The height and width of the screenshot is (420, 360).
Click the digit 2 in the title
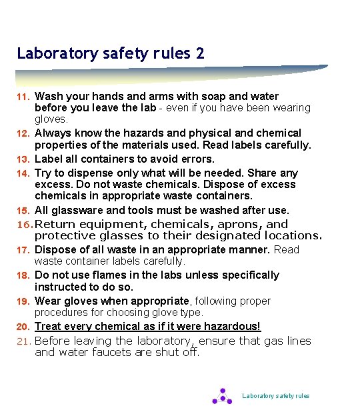coord(200,53)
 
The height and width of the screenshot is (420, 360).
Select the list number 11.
coord(22,97)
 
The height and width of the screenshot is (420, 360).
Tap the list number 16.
coord(23,225)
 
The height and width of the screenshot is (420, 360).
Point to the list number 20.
coord(22,327)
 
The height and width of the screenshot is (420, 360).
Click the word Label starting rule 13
coord(48,159)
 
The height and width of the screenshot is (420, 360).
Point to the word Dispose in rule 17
coord(54,250)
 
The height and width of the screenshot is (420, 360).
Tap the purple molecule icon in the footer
coord(222,396)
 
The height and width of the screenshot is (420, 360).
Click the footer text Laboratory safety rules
coord(275,396)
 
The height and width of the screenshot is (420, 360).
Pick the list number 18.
coord(22,275)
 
